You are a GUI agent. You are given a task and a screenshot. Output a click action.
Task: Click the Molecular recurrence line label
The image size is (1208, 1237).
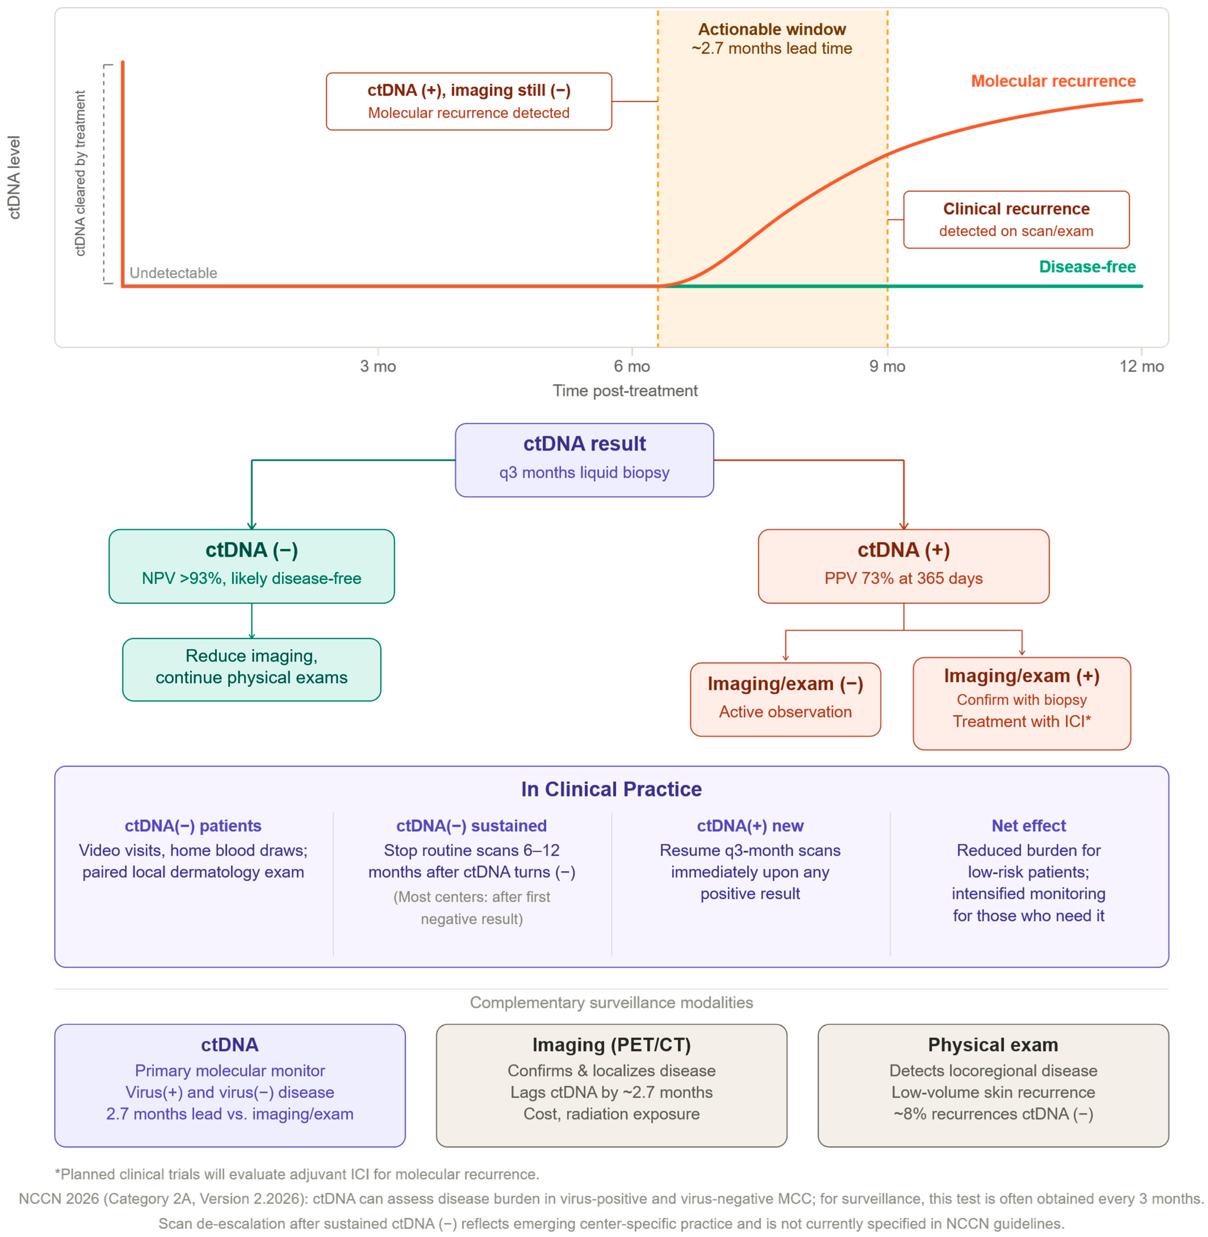point(1053,81)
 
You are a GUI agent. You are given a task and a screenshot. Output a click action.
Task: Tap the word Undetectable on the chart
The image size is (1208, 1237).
point(173,273)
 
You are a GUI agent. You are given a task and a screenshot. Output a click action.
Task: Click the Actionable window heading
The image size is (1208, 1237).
point(772,29)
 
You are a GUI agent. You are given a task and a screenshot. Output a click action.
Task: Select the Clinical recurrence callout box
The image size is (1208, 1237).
point(1016,219)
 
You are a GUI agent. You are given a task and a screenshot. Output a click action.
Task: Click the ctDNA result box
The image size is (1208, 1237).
point(584,460)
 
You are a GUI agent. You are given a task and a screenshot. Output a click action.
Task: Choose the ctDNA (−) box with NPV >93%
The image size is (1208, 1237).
point(252,566)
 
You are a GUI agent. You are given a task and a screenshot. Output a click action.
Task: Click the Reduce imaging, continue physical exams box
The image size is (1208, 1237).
point(252,669)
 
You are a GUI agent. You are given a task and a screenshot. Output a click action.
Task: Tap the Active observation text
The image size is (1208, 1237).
point(786,712)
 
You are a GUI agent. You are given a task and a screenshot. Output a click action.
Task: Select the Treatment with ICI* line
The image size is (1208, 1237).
point(1021,721)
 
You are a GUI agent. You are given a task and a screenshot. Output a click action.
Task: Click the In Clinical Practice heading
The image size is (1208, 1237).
point(612,789)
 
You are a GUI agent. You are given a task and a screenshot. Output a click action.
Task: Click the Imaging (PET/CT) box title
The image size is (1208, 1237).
point(612,1045)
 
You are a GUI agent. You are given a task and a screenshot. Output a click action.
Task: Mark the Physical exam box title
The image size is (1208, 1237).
point(993,1045)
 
